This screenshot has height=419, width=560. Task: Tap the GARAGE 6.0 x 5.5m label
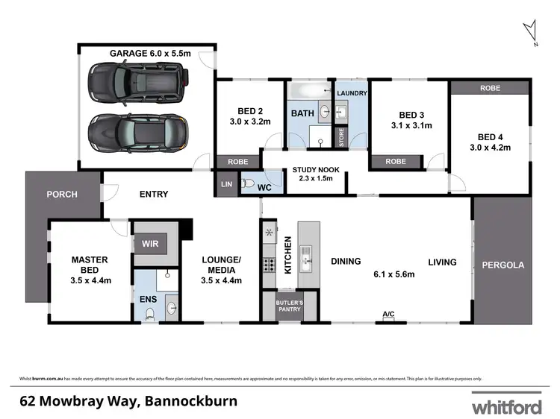click(x=151, y=53)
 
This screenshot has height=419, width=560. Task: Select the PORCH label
click(x=62, y=195)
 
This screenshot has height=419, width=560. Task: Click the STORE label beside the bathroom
click(x=342, y=137)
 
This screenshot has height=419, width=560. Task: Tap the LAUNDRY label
click(x=351, y=93)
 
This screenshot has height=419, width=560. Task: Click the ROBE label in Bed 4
click(x=490, y=88)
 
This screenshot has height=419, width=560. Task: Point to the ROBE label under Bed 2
click(x=237, y=161)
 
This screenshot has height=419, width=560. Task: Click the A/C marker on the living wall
click(x=388, y=315)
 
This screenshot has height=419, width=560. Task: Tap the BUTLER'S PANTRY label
click(x=289, y=306)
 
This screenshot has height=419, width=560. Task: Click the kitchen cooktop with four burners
click(x=269, y=263)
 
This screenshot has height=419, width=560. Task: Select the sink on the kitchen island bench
click(x=306, y=261)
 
